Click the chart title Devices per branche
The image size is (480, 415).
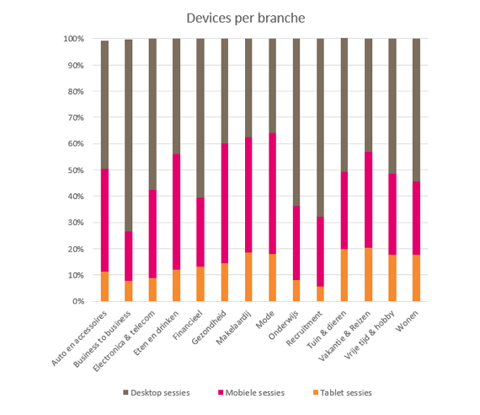pos(246,18)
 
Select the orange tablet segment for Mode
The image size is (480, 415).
pos(273,278)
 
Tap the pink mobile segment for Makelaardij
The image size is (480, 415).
pos(248,195)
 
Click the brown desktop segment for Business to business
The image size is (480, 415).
pos(129,135)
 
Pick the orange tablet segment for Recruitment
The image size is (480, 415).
pos(320,294)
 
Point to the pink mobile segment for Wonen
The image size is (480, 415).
pos(416,218)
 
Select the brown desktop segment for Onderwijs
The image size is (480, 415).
pos(296,122)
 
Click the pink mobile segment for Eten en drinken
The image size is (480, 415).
pos(176,212)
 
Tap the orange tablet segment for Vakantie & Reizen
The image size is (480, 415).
pos(368,274)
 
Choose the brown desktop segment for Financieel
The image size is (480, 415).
pos(200,118)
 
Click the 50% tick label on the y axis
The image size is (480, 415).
pos(76,170)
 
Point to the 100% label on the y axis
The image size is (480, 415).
pos(73,39)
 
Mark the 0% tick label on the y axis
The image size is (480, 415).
pos(78,301)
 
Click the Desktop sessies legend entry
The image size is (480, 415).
pos(157,392)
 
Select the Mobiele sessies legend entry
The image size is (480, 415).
pos(251,392)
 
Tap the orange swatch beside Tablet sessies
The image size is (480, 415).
pos(316,392)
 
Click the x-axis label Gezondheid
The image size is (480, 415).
pos(210,327)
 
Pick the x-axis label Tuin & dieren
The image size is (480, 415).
pos(327,330)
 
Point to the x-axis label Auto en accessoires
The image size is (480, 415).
pos(79,338)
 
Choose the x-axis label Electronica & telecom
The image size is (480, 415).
pos(124,341)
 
